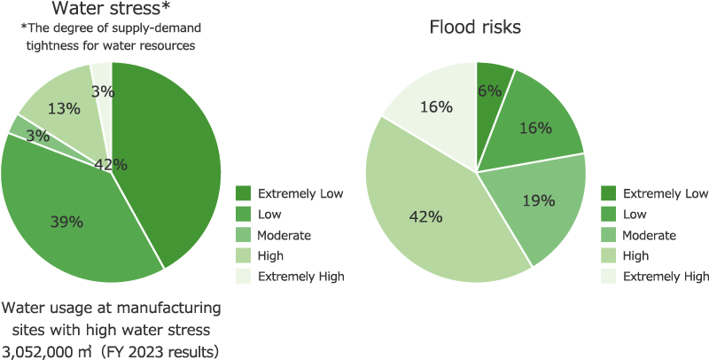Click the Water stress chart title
point(111,10)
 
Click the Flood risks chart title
point(475,27)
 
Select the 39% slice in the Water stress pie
point(66,222)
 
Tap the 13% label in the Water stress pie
point(64,109)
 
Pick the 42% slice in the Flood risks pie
point(425,216)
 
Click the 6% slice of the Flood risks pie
point(489,90)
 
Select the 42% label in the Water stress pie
point(111,164)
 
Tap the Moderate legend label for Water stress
point(284,235)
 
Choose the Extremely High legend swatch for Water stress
point(244,276)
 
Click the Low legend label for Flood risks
point(635,215)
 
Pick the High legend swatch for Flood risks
point(608,255)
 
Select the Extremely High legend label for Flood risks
point(666,276)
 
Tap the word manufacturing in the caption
point(170,309)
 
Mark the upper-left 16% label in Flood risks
point(437,107)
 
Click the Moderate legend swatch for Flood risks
point(608,235)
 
